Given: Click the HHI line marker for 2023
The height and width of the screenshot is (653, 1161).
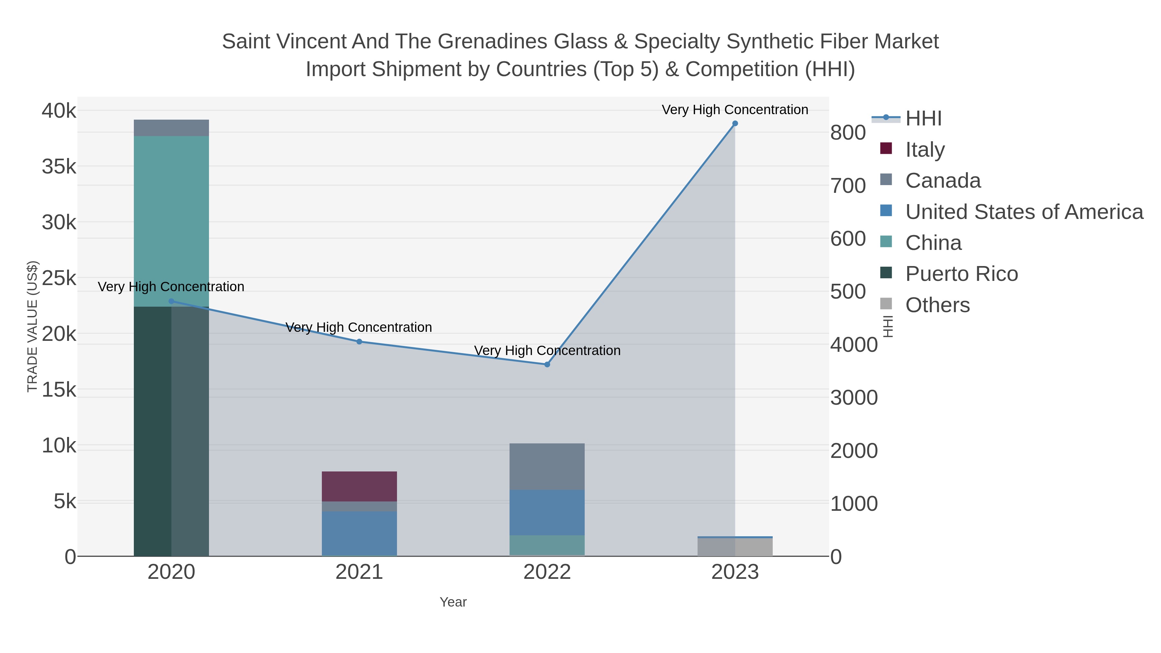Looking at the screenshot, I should coord(735,124).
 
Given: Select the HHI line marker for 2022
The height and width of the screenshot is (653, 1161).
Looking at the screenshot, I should coord(547,365).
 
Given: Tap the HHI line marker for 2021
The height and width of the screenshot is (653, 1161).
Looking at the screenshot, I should coord(359,341).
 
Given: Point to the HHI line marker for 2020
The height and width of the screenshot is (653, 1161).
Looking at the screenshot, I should coord(171,302).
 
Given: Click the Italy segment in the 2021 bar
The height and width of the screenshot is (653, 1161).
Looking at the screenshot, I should coord(359,486).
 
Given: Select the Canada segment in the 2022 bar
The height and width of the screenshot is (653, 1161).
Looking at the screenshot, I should coord(547,466).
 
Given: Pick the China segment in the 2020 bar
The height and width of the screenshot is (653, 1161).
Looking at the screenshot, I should coord(171,221).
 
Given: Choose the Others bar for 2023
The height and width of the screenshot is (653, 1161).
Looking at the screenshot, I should coord(735,547).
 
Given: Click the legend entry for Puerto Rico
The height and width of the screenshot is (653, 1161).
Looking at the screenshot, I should coord(961,274).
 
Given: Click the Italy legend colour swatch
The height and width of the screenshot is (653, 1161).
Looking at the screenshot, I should coord(886,149).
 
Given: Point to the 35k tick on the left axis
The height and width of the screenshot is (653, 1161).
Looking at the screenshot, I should coord(59,167).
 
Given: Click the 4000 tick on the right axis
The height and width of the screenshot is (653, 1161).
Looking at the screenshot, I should coord(854,345).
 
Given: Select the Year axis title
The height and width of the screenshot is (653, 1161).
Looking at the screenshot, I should coord(453,602).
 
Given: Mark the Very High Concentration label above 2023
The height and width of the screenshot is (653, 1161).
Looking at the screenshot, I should coord(735,110).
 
